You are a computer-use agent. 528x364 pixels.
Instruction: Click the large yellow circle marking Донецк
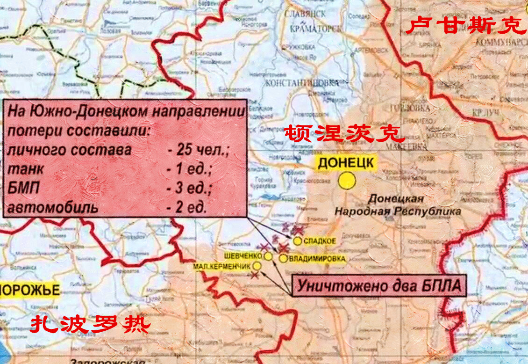click(x=347, y=181)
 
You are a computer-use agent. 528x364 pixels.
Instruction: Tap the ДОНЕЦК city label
click(x=346, y=163)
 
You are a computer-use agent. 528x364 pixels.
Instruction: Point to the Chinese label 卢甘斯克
click(x=465, y=26)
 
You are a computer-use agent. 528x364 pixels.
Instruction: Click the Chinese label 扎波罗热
click(x=90, y=324)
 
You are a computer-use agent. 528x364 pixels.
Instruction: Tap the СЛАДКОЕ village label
click(x=320, y=241)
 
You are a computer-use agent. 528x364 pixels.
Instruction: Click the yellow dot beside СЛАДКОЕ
click(x=298, y=240)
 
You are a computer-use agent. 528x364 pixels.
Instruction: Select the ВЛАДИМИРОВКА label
click(x=317, y=258)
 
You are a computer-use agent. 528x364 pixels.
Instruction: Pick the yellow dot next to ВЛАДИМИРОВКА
click(x=283, y=258)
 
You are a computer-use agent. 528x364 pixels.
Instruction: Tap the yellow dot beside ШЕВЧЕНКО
click(x=268, y=256)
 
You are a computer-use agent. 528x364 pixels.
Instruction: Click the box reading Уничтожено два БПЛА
click(x=379, y=285)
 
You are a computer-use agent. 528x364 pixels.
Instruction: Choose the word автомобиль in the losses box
click(x=54, y=207)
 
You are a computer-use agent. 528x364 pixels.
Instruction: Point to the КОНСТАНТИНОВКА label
click(x=301, y=82)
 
